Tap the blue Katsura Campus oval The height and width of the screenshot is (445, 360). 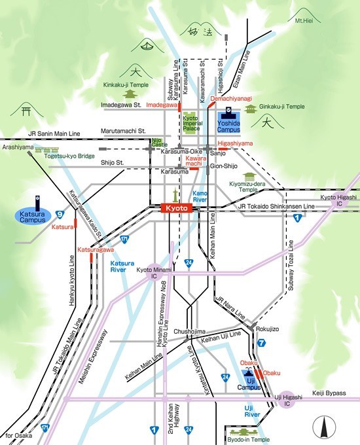32,217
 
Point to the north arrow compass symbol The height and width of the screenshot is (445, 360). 322,429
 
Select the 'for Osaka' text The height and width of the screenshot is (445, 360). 19,435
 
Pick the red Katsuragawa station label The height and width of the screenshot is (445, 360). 96,250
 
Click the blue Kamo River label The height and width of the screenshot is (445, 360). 200,196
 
